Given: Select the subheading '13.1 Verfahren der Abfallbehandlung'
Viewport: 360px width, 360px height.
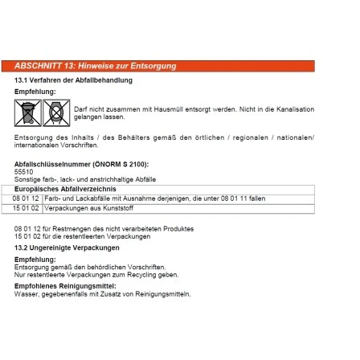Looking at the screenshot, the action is (73, 80).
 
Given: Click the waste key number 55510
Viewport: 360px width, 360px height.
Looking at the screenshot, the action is (20, 171).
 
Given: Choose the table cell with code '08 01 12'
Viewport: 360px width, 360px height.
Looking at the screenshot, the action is (27, 197).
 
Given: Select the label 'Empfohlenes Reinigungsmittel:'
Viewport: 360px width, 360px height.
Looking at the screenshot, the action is (66, 286).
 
